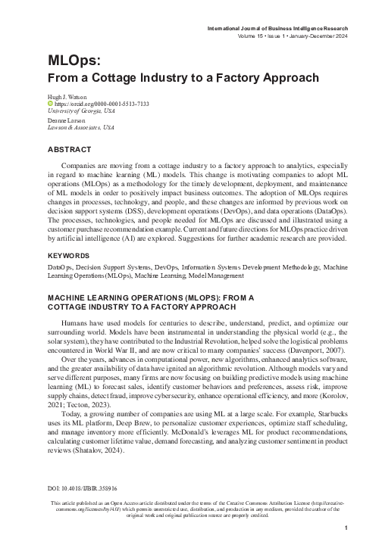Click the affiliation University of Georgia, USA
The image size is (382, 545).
tap(83, 111)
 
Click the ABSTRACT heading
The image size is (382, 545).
tap(70, 150)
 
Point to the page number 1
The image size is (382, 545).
tap(346, 528)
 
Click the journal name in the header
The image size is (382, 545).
tap(277, 27)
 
